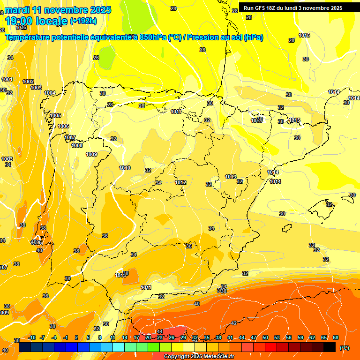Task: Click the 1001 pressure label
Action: [x=7, y=79]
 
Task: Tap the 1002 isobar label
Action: [x=28, y=82]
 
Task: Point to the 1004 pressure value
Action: [x=50, y=93]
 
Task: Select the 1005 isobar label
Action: [x=55, y=115]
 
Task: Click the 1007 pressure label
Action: [x=70, y=137]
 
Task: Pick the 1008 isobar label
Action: [x=77, y=145]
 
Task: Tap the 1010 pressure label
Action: [x=125, y=168]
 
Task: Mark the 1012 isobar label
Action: [x=180, y=182]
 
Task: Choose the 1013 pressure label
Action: [x=230, y=177]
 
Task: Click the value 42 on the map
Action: [x=234, y=323]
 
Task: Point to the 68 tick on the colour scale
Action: [x=336, y=337]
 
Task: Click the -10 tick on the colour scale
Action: [x=32, y=337]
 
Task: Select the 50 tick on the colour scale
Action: [x=265, y=337]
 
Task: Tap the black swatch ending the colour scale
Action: [x=330, y=347]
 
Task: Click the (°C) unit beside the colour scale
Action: [x=344, y=348]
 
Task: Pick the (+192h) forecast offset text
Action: [x=83, y=21]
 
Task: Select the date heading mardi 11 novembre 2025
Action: [x=58, y=9]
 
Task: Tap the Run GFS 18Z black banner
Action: [x=299, y=7]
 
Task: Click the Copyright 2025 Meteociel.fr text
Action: [x=199, y=356]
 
